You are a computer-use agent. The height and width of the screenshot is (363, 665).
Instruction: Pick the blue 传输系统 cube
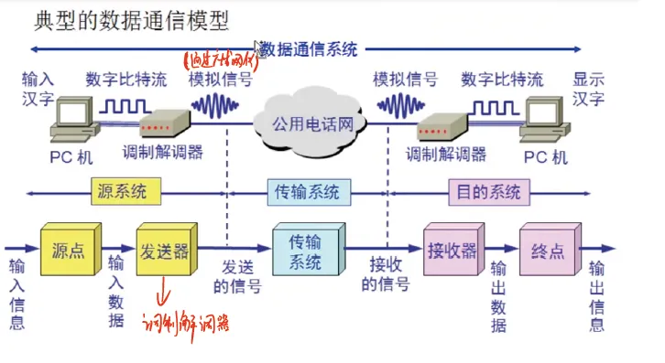pos(306,250)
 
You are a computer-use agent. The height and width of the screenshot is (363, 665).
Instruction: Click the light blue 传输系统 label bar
pos(308,192)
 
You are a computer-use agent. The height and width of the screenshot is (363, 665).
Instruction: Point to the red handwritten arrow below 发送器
pos(166,293)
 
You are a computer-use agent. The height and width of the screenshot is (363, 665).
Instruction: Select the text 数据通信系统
pos(308,48)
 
